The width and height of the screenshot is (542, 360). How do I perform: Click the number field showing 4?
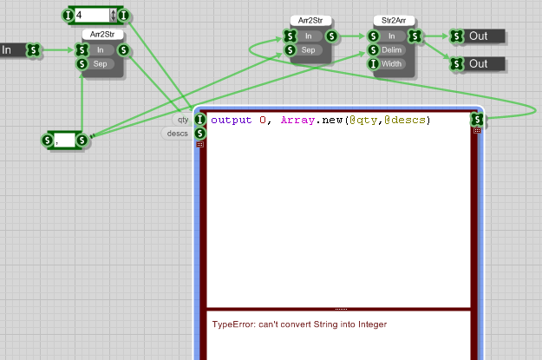[91, 15]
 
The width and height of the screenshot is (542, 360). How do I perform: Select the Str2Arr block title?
[391, 20]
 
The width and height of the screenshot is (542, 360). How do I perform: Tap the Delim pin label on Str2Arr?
[393, 49]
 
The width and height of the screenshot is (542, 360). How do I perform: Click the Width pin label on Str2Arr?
[393, 63]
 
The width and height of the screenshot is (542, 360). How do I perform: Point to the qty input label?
[183, 120]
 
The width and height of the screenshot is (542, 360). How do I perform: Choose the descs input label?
[178, 134]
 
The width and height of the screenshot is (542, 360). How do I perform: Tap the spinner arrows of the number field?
[113, 15]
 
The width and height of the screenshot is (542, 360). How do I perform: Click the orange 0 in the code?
[263, 120]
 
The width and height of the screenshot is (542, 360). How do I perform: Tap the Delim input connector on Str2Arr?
[373, 49]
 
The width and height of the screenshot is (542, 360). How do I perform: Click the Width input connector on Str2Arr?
[373, 63]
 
